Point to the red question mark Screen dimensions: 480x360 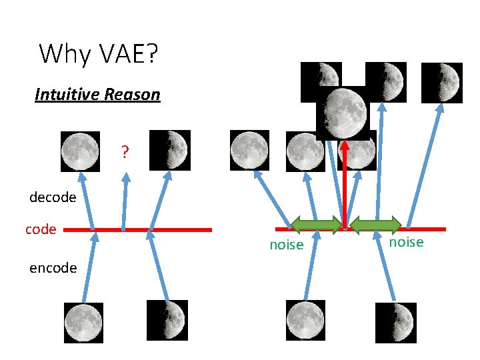[x=125, y=152]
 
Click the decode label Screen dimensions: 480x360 [x=53, y=197]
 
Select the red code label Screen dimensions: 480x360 [x=41, y=229]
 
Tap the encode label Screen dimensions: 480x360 [x=53, y=268]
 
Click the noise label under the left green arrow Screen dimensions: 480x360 [x=286, y=245]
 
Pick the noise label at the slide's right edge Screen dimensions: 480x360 [x=406, y=242]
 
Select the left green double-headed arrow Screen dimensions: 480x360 [x=317, y=225]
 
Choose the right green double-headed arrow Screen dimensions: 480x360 [x=376, y=225]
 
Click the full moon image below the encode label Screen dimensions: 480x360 [x=83, y=323]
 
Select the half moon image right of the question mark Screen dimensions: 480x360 [x=170, y=150]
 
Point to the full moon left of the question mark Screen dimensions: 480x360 [x=80, y=151]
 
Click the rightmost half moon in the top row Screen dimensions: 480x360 [x=442, y=83]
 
